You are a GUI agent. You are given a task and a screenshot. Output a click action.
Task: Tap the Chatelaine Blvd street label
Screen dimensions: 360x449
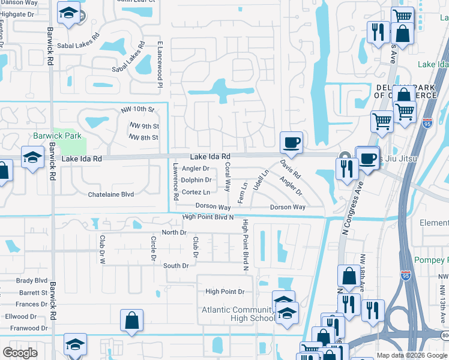[111, 194]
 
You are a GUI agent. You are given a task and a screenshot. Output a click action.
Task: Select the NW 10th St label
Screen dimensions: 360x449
[137, 109]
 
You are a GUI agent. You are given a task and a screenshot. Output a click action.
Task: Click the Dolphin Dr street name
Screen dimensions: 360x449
[196, 180]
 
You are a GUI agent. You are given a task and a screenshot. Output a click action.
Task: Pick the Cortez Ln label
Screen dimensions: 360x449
[196, 192]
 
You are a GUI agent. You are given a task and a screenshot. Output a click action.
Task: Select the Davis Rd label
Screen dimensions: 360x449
[289, 168]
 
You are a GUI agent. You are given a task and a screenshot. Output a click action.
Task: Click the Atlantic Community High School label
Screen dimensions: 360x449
[238, 314]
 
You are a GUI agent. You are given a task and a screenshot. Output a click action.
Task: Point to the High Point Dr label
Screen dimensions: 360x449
[225, 292]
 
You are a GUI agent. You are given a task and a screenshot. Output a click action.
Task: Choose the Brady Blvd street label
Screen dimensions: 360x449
[32, 280]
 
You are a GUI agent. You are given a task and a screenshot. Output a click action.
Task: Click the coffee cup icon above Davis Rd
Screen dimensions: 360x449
[291, 143]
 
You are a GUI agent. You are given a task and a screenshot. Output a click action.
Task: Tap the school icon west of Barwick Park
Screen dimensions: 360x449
[32, 157]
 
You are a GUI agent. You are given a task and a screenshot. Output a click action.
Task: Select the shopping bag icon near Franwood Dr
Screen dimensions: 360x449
[131, 320]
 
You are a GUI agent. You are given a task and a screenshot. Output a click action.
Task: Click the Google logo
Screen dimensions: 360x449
[20, 353]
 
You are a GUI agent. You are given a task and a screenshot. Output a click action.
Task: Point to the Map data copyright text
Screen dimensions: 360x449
[412, 355]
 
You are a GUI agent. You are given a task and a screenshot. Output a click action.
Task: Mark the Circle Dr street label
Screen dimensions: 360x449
[153, 245]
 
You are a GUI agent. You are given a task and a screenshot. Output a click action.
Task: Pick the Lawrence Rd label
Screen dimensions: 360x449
[176, 182]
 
